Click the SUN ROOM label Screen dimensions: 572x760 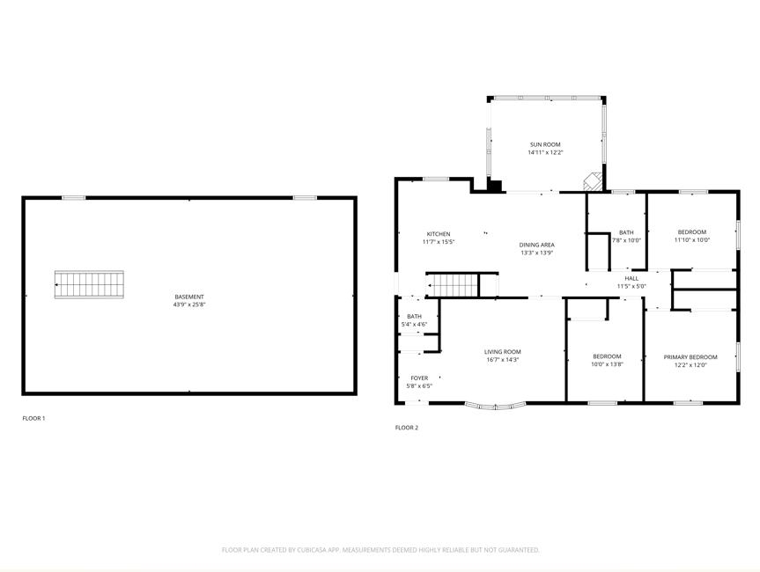pyautogui.click(x=545, y=144)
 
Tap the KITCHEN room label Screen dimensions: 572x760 pyautogui.click(x=439, y=234)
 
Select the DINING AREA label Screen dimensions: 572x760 pyautogui.click(x=536, y=245)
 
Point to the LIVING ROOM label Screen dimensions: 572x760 pyautogui.click(x=502, y=352)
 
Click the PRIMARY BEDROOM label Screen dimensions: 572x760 pyautogui.click(x=690, y=357)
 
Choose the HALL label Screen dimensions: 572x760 pyautogui.click(x=631, y=278)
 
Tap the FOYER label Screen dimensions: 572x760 pyautogui.click(x=419, y=378)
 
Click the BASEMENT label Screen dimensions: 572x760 pyautogui.click(x=189, y=297)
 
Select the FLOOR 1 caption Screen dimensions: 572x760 pyautogui.click(x=33, y=418)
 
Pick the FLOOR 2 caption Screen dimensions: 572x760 pyautogui.click(x=406, y=428)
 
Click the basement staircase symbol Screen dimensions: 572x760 pyautogui.click(x=89, y=284)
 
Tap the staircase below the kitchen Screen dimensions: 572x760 pyautogui.click(x=453, y=285)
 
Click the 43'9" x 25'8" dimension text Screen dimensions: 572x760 pyautogui.click(x=189, y=305)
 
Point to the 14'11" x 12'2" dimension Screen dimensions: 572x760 pyautogui.click(x=545, y=152)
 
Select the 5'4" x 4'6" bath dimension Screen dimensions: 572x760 pyautogui.click(x=414, y=325)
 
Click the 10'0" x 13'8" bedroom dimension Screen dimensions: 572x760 pyautogui.click(x=607, y=364)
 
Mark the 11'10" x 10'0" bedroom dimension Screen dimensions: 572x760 pyautogui.click(x=692, y=239)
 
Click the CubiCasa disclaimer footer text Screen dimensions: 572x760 pyautogui.click(x=380, y=550)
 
